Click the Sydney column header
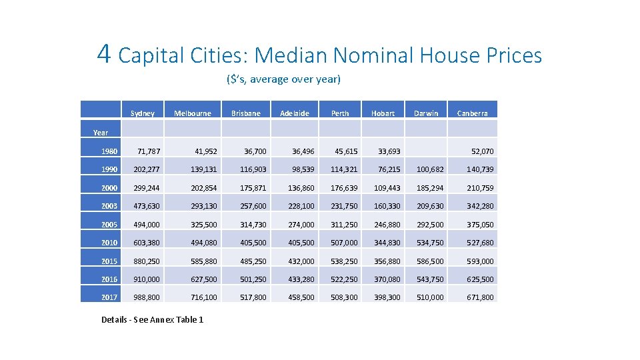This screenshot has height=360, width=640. coord(142,113)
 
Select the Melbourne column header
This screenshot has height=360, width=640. coord(192,113)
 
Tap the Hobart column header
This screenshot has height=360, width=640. coord(383,113)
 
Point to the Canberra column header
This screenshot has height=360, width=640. coord(472,113)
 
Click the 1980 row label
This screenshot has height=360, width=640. coord(109,151)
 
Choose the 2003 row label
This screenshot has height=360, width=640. coord(109,206)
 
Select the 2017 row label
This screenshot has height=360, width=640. coord(109,297)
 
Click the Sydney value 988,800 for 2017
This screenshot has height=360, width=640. coord(147,297)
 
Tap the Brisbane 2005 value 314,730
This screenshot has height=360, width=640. coord(253,225)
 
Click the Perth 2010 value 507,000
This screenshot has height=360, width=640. coord(344,243)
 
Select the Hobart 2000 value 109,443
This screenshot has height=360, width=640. coord(387,188)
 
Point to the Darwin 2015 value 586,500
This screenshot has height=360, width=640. coord(430,261)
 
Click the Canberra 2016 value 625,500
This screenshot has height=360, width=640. coord(480,279)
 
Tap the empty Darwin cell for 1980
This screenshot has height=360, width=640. coord(427,151)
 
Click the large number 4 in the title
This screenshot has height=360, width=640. coord(103,53)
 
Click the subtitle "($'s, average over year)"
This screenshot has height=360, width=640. coord(283,79)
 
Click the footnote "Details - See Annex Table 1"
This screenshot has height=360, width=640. coord(152,320)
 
